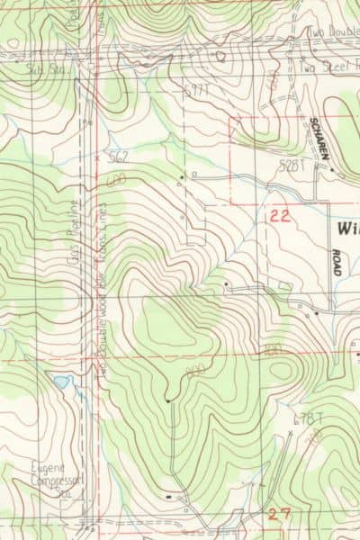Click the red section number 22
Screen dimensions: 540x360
pos(280,215)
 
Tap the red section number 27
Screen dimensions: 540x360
pos(279,513)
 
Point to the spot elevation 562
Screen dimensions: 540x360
pos(116,156)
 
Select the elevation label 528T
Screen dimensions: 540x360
pos(292,166)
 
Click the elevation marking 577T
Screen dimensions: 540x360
pos(195,91)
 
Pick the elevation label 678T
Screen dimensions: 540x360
pos(307,418)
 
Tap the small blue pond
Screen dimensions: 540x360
pos(60,382)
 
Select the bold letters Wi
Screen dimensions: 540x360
pos(347,229)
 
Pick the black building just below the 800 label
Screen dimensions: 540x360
pos(167,399)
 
